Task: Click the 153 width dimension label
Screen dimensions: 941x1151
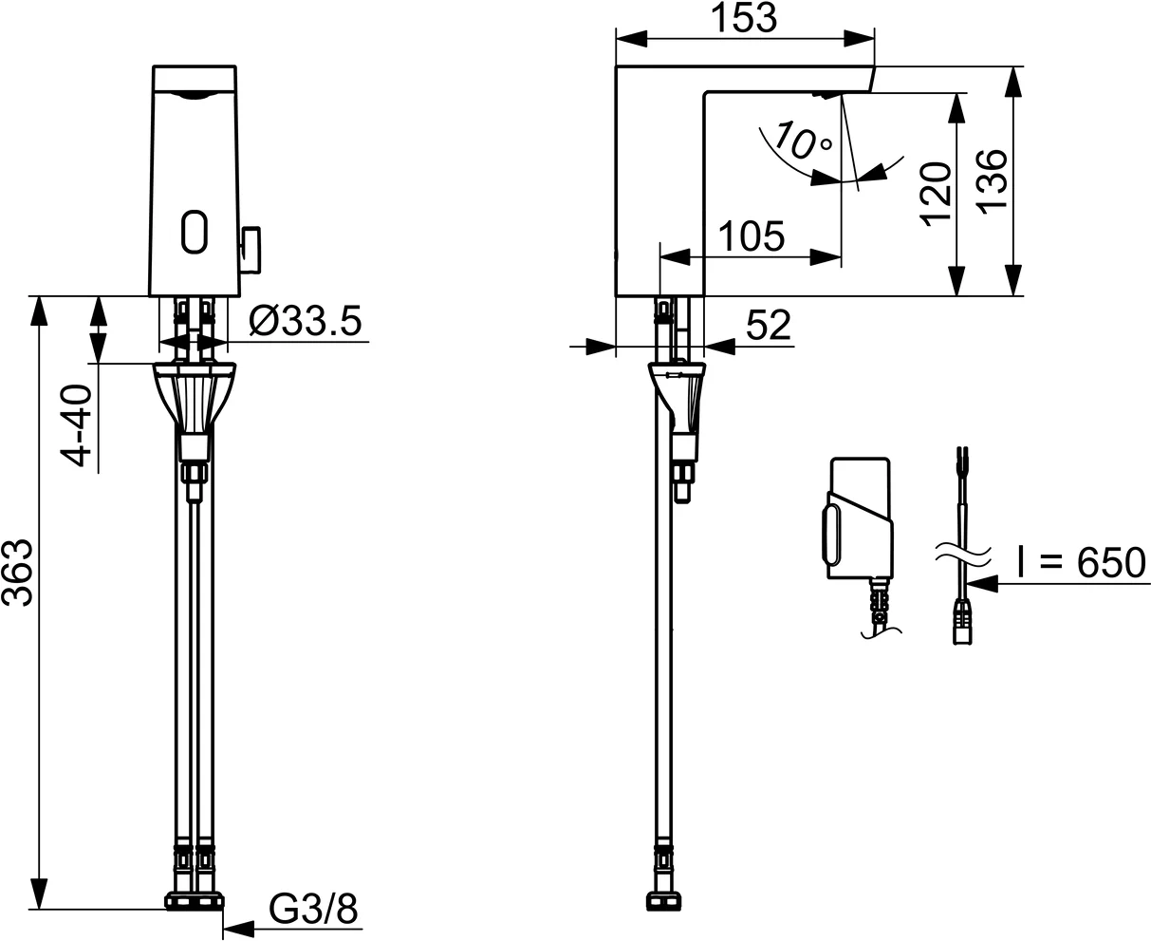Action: [x=744, y=18]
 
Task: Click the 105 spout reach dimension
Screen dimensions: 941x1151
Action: [x=751, y=235]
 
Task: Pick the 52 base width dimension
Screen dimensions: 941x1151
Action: [x=768, y=326]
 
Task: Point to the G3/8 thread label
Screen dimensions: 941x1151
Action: [x=313, y=909]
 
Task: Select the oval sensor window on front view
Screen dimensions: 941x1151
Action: [x=195, y=231]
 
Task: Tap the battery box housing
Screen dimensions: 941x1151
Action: [x=860, y=519]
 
